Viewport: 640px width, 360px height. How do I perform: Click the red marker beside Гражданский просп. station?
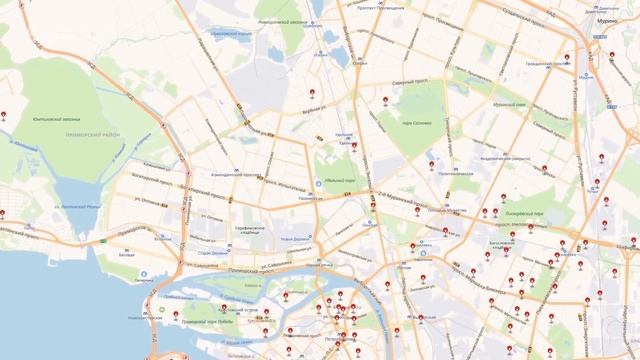pyautogui.click(x=567, y=57)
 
